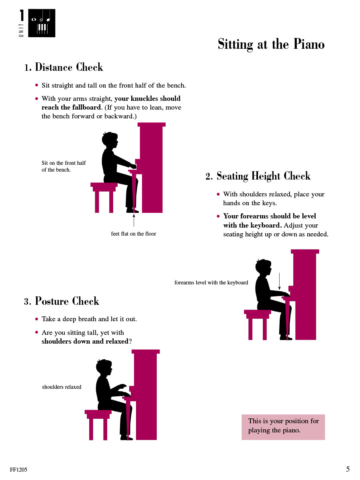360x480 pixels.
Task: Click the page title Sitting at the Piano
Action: click(x=271, y=44)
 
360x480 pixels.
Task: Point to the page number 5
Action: click(x=348, y=469)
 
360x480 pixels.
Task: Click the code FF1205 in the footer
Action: click(x=19, y=470)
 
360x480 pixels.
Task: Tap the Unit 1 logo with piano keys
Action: click(x=41, y=23)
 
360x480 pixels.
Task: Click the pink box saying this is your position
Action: click(x=283, y=426)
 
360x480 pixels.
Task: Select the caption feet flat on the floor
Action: click(x=133, y=234)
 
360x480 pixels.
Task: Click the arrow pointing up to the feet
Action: click(x=134, y=220)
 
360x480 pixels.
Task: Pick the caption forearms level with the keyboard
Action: click(x=211, y=282)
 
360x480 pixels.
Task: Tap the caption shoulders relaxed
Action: click(x=62, y=387)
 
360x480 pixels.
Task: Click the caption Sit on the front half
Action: click(x=64, y=166)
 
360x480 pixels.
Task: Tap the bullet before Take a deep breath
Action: click(x=37, y=319)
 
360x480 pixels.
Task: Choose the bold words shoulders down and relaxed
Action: click(x=85, y=342)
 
